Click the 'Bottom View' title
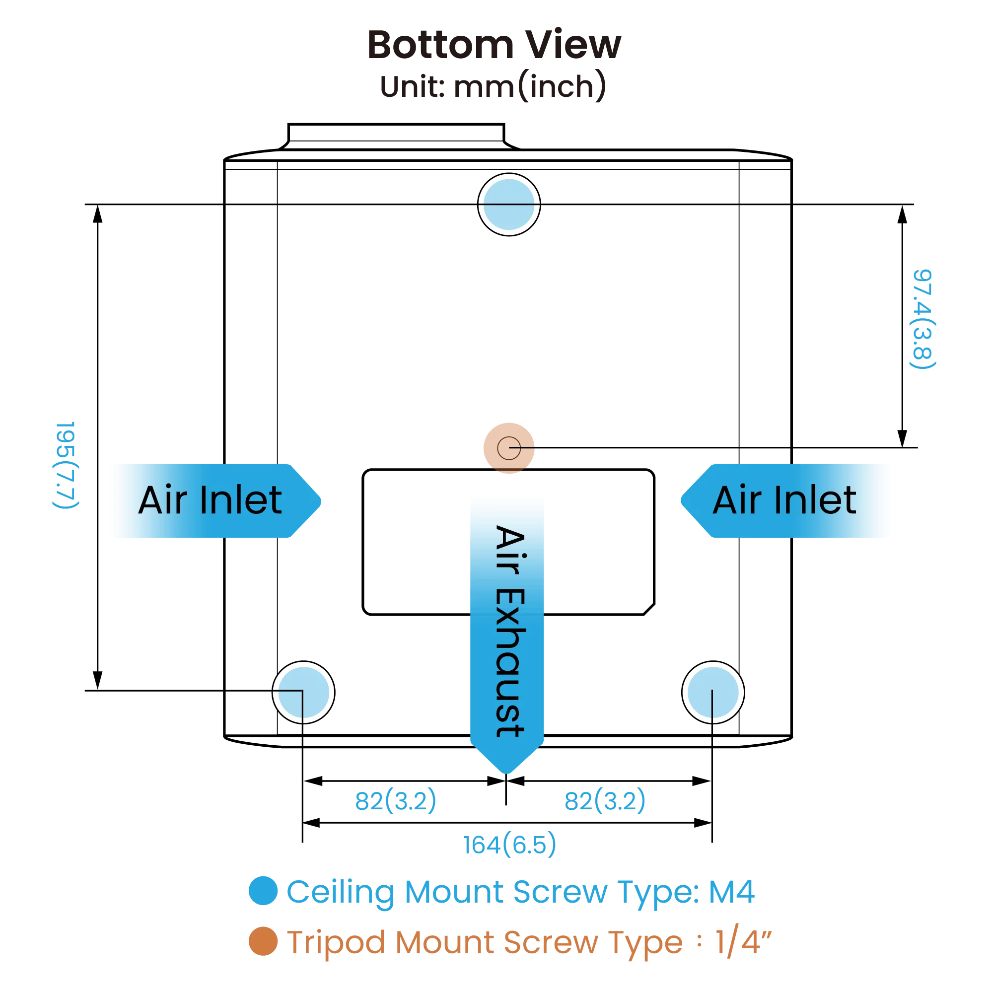(x=494, y=45)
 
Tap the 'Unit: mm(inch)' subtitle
(x=493, y=86)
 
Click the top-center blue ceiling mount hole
(x=509, y=205)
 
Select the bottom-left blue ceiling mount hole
(x=303, y=692)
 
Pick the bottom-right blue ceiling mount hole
(x=713, y=692)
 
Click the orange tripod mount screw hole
(x=509, y=448)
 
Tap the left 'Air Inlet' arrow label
(x=211, y=500)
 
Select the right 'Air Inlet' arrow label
(x=784, y=500)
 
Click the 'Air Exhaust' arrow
(x=507, y=632)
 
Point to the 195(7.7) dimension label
(x=66, y=465)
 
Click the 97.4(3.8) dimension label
(x=922, y=319)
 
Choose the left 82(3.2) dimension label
(x=395, y=800)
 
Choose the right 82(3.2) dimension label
(x=604, y=800)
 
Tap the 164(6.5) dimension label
(x=509, y=845)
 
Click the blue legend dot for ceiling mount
(x=263, y=891)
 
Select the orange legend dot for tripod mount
(x=263, y=941)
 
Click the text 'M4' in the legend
(x=731, y=892)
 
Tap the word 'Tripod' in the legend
(x=336, y=943)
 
